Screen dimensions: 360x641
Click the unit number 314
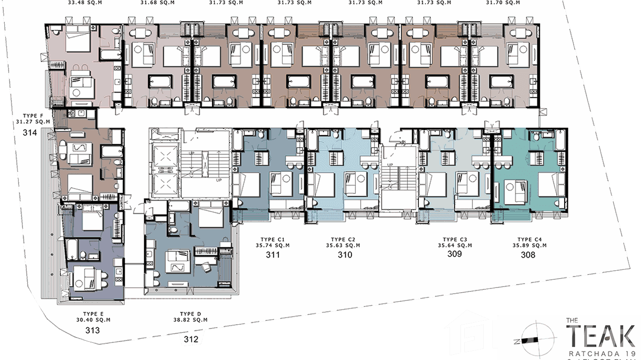30,133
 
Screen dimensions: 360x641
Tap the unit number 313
93,330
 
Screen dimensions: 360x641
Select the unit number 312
191,340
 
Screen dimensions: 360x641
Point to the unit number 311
273,255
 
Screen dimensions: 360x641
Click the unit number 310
345,255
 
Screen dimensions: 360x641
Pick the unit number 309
454,254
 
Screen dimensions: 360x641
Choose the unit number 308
528,255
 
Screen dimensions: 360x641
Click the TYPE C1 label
273,239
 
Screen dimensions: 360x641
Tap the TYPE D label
191,314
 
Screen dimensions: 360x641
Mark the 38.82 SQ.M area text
191,320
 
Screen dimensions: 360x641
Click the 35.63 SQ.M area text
345,245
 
